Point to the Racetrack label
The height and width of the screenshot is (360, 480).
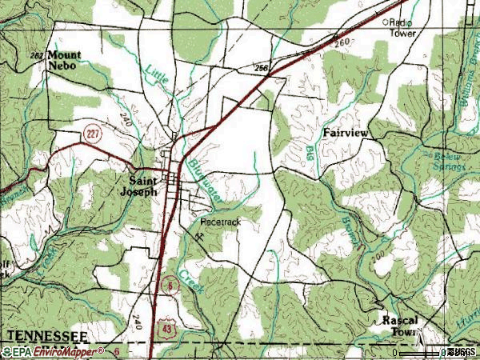pyautogui.click(x=219, y=221)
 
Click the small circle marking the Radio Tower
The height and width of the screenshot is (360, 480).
pyautogui.click(x=384, y=22)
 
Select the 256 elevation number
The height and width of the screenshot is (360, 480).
pyautogui.click(x=260, y=69)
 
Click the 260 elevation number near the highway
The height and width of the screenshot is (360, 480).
pyautogui.click(x=342, y=41)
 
